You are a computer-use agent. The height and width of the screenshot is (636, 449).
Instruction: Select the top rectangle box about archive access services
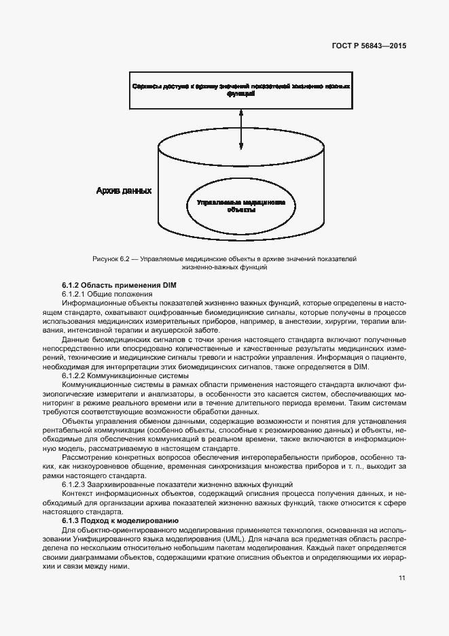(x=241, y=90)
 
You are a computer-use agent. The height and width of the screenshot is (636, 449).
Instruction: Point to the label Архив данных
(x=123, y=191)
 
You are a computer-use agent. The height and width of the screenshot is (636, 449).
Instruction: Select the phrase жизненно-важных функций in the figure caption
(x=223, y=268)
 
